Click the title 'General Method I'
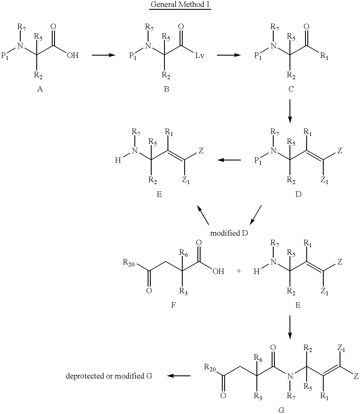180,4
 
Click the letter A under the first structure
40,89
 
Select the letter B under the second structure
166,89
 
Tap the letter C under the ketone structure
291,89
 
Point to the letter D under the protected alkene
298,194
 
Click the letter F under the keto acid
173,305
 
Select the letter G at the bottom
281,410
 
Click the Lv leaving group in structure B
200,55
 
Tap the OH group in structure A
73,55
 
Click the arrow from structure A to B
104,55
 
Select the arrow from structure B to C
229,55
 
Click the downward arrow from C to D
290,111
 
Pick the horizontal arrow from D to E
229,160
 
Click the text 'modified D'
229,233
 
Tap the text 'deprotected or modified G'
109,376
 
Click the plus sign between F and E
239,271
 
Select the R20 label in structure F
129,263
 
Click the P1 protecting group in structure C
258,56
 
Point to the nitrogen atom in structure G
290,376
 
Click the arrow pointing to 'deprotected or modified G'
178,376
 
